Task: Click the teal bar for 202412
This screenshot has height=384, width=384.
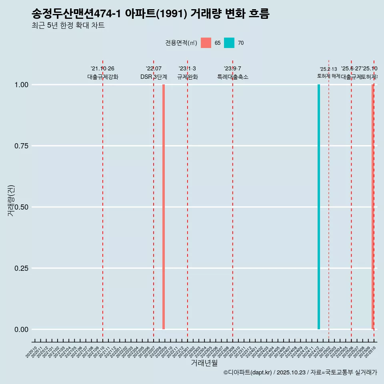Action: click(319, 207)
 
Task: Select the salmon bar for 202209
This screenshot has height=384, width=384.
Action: click(164, 207)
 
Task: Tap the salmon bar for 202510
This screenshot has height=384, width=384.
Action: click(372, 207)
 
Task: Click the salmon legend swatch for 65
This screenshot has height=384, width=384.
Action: click(206, 43)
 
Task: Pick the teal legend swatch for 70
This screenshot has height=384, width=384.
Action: click(229, 43)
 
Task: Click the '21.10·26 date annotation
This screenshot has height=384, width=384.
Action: click(102, 69)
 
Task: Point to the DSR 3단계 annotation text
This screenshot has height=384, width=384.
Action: click(154, 77)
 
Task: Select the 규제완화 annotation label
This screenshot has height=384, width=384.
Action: click(188, 77)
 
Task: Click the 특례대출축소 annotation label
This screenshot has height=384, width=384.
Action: click(233, 77)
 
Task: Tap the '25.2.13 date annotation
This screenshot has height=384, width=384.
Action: click(328, 69)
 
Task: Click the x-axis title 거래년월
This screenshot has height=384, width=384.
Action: click(204, 363)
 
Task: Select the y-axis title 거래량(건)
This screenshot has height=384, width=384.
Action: click(11, 200)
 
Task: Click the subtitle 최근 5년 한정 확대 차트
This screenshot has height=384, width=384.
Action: click(68, 26)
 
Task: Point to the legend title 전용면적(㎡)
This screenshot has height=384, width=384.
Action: click(181, 43)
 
